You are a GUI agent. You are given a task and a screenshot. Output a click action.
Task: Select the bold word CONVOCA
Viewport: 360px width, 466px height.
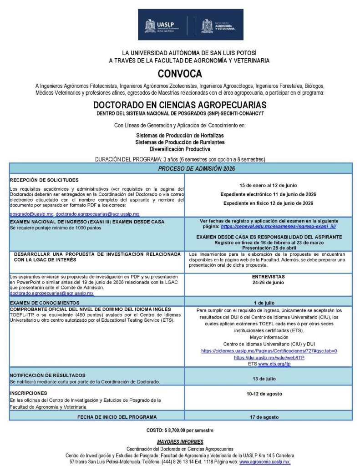180,73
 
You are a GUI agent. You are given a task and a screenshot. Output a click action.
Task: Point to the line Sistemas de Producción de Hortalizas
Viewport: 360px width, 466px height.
180,136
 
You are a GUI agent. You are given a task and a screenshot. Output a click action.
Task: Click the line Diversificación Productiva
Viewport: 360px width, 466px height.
180,149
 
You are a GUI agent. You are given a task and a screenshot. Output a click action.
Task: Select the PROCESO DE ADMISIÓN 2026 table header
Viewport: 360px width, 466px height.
180,168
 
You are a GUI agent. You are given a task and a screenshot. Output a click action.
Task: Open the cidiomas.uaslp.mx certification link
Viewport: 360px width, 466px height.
269,351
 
